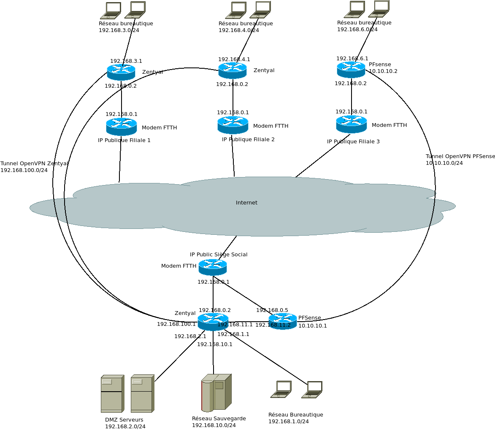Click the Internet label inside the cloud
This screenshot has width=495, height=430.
[246, 203]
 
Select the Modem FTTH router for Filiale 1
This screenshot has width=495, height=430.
[122, 126]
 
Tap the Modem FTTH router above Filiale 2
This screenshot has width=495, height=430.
[233, 125]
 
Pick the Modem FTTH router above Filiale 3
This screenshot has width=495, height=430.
[352, 124]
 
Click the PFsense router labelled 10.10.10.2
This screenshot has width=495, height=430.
[351, 70]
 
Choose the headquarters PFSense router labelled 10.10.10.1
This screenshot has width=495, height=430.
[283, 321]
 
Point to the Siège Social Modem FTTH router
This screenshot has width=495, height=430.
[213, 267]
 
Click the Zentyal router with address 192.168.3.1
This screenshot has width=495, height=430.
[121, 72]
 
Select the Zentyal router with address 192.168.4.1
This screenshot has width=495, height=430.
[233, 70]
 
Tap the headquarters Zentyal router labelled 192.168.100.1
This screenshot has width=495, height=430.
[213, 322]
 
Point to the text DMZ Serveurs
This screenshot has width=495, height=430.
[124, 420]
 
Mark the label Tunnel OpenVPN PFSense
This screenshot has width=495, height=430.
[460, 156]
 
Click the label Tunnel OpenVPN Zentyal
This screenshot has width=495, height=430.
[34, 164]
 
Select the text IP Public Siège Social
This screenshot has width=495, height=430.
[219, 255]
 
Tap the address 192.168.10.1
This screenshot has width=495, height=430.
[215, 344]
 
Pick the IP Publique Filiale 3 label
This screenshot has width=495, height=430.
[353, 142]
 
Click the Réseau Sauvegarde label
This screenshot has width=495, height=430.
[219, 419]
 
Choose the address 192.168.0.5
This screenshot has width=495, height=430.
[272, 310]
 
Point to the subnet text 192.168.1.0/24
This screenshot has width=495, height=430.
[289, 422]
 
